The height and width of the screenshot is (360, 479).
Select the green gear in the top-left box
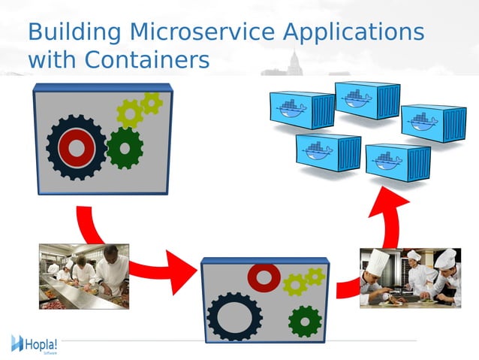(x=124, y=148)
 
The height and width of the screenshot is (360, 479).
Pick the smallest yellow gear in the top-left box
(x=152, y=103)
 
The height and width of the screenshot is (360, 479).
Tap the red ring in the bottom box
(x=264, y=277)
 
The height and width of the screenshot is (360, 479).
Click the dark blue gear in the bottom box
(x=234, y=316)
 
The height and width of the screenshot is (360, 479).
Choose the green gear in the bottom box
(x=305, y=320)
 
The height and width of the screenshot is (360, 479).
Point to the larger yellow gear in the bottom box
(x=295, y=284)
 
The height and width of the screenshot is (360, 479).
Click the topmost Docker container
(x=366, y=100)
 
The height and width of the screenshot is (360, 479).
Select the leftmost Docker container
(x=302, y=110)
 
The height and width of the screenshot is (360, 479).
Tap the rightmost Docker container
(x=433, y=123)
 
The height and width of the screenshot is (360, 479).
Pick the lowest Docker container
(x=397, y=162)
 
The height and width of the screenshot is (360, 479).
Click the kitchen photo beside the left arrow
(x=84, y=276)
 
